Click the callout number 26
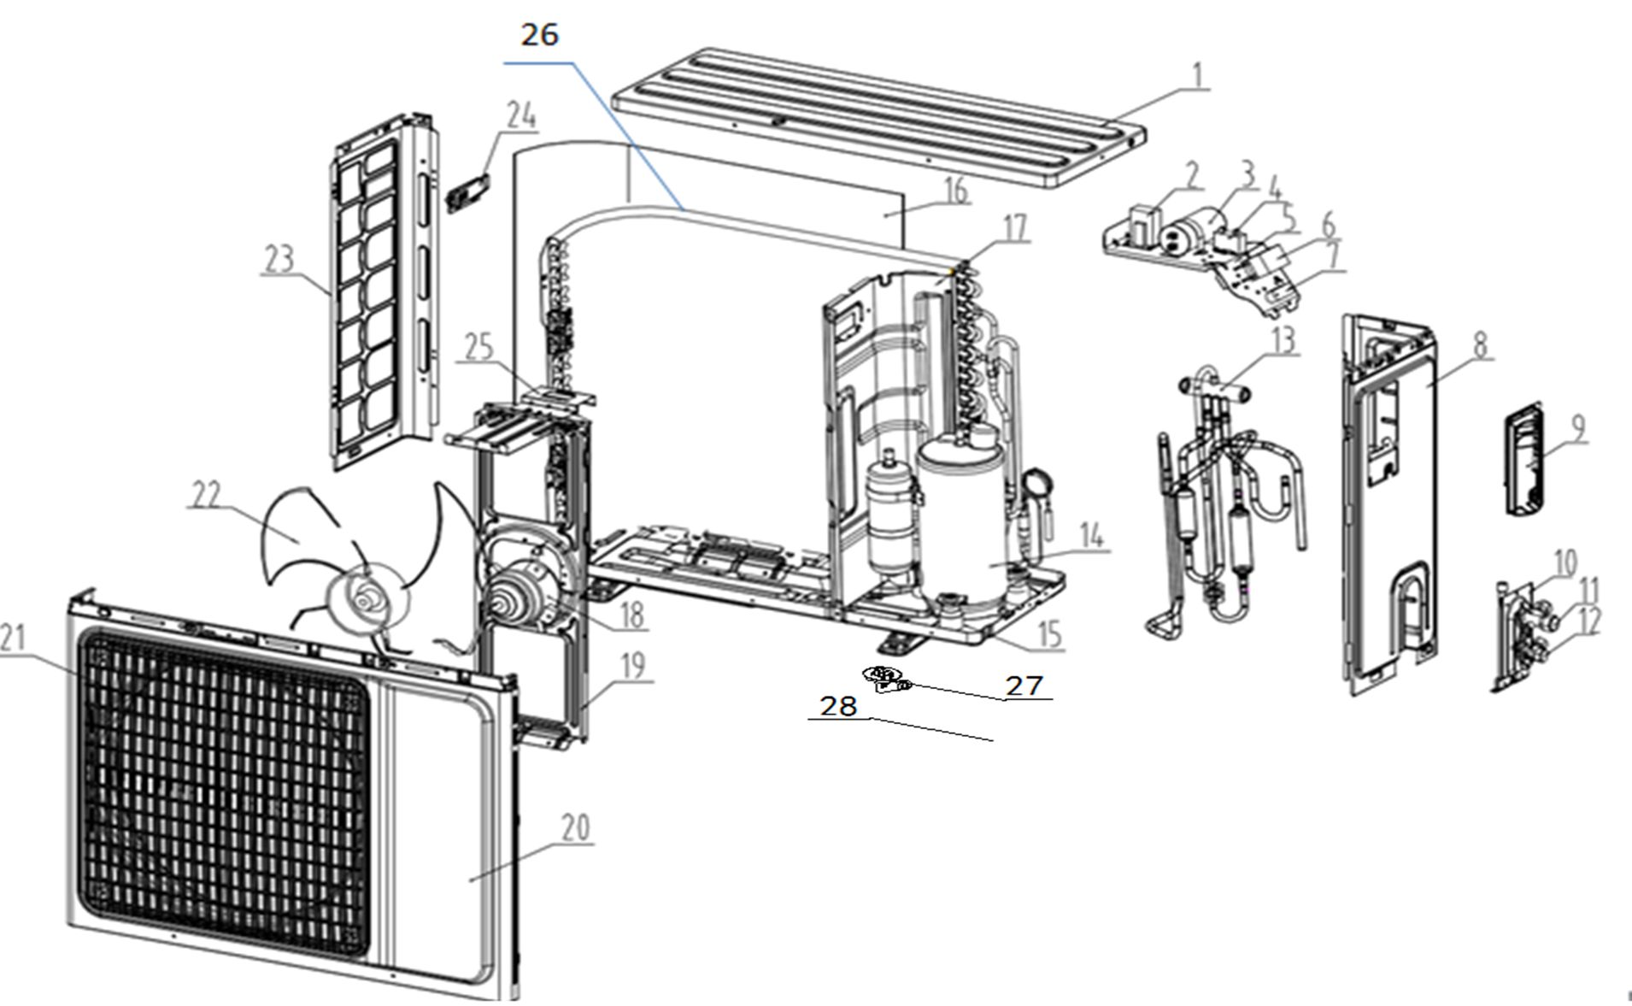(539, 35)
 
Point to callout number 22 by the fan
(205, 495)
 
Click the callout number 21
(12, 638)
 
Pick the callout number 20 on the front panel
(575, 827)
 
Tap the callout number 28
(838, 706)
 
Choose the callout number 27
(1024, 685)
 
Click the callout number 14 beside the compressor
(1091, 537)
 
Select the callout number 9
(1576, 427)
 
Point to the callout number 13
(1283, 339)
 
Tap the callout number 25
(479, 348)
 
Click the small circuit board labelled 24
(469, 195)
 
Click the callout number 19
(632, 666)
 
